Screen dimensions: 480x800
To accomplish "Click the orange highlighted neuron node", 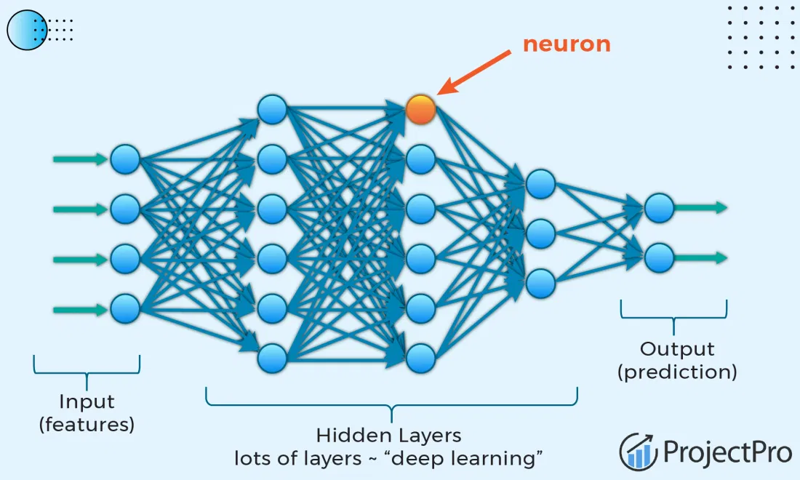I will point(420,109).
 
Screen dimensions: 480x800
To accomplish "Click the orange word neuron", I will point(567,44).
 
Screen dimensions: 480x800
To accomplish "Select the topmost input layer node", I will point(125,159).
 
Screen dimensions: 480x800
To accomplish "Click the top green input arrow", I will point(80,159).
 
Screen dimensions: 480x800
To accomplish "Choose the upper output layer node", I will point(659,207).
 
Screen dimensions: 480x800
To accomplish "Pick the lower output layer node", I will point(659,257).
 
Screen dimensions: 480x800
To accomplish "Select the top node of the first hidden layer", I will point(272,109).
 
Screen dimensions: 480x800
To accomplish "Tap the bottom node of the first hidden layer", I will point(272,357).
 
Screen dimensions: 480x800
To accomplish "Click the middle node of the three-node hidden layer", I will point(540,233).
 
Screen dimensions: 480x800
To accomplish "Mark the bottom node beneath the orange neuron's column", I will point(420,357).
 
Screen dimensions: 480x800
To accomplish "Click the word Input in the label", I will point(87,401).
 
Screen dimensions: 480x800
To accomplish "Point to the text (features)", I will point(87,425).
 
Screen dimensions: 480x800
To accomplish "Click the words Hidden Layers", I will point(388,436).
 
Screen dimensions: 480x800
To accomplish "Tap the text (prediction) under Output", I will point(677,372).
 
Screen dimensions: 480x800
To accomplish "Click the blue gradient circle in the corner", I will point(27,30).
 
